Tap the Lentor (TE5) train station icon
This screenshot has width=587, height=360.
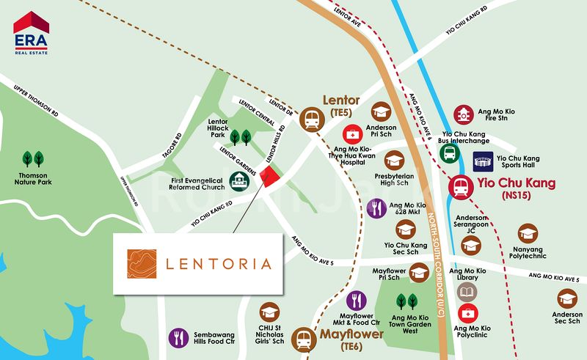pyautogui.click(x=313, y=120)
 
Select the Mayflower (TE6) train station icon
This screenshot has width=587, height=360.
pyautogui.click(x=302, y=339)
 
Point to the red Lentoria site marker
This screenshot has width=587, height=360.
pyautogui.click(x=271, y=177)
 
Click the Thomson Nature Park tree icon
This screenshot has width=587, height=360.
pyautogui.click(x=32, y=158)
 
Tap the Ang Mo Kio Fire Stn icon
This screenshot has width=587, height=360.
pyautogui.click(x=463, y=114)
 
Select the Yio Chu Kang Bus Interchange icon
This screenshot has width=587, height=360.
pyautogui.click(x=450, y=153)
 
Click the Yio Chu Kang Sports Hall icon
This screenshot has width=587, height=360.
pyautogui.click(x=483, y=160)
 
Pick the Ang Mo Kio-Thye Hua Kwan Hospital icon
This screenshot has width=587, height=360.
pyautogui.click(x=353, y=135)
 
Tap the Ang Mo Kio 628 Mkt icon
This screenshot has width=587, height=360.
pyautogui.click(x=376, y=208)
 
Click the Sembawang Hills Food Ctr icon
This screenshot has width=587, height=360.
pyautogui.click(x=178, y=337)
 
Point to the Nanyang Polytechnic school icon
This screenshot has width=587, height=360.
pyautogui.click(x=526, y=233)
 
